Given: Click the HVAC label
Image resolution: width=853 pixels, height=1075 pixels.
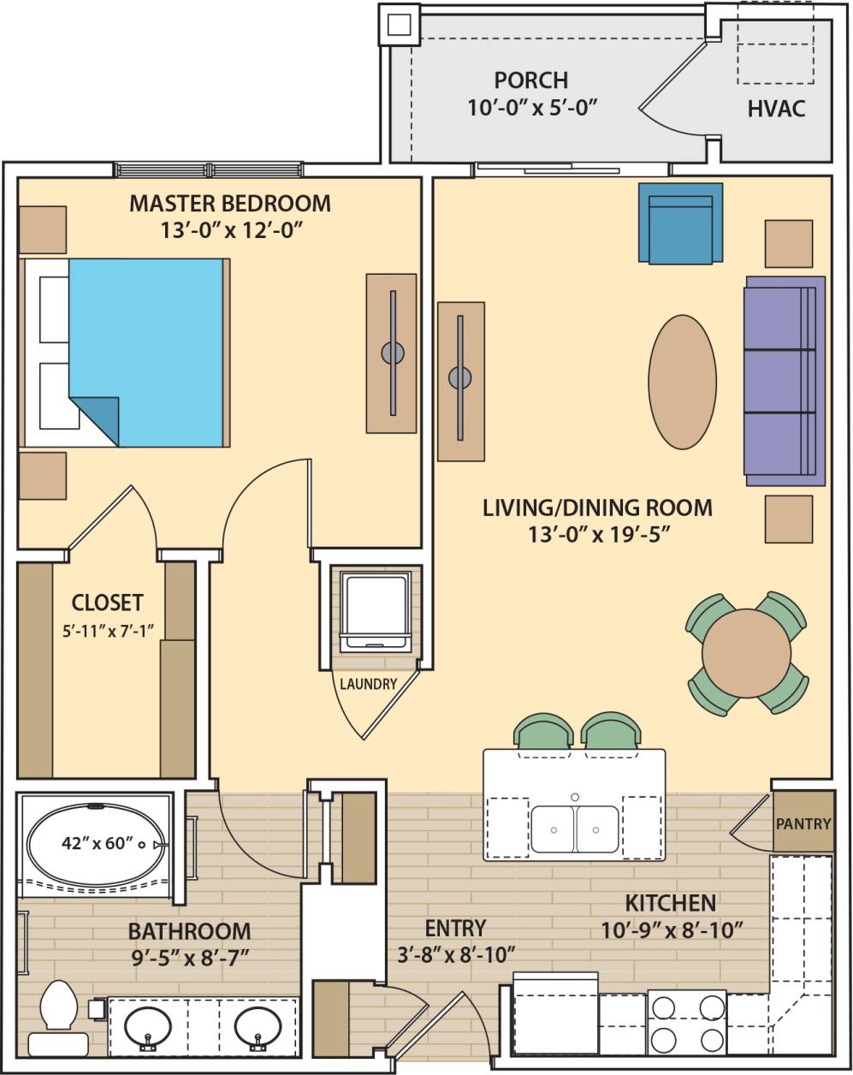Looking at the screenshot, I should [x=776, y=110].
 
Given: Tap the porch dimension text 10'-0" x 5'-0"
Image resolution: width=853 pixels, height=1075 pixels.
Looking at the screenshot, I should [x=530, y=107].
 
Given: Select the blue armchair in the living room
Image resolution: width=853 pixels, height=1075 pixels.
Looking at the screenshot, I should [x=680, y=223].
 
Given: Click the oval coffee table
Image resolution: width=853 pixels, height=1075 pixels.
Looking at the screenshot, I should [x=682, y=382].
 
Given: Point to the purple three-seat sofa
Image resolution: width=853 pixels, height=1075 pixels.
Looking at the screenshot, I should [x=784, y=381].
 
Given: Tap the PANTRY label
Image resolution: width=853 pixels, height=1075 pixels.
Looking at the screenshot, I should [x=803, y=824].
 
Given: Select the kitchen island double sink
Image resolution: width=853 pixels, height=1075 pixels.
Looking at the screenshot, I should [x=574, y=829].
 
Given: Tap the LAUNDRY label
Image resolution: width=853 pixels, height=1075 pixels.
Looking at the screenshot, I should [x=368, y=684].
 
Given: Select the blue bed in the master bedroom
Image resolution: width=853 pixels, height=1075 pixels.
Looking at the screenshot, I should [x=145, y=351].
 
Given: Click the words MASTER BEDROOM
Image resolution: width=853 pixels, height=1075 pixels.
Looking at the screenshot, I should [x=229, y=204].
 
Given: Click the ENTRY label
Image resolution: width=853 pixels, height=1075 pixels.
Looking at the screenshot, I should [x=455, y=928].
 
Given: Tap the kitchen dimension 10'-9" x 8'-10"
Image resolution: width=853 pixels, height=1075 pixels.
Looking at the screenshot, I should [x=670, y=928].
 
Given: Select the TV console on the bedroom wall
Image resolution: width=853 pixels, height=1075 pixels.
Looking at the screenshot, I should [x=391, y=353].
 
